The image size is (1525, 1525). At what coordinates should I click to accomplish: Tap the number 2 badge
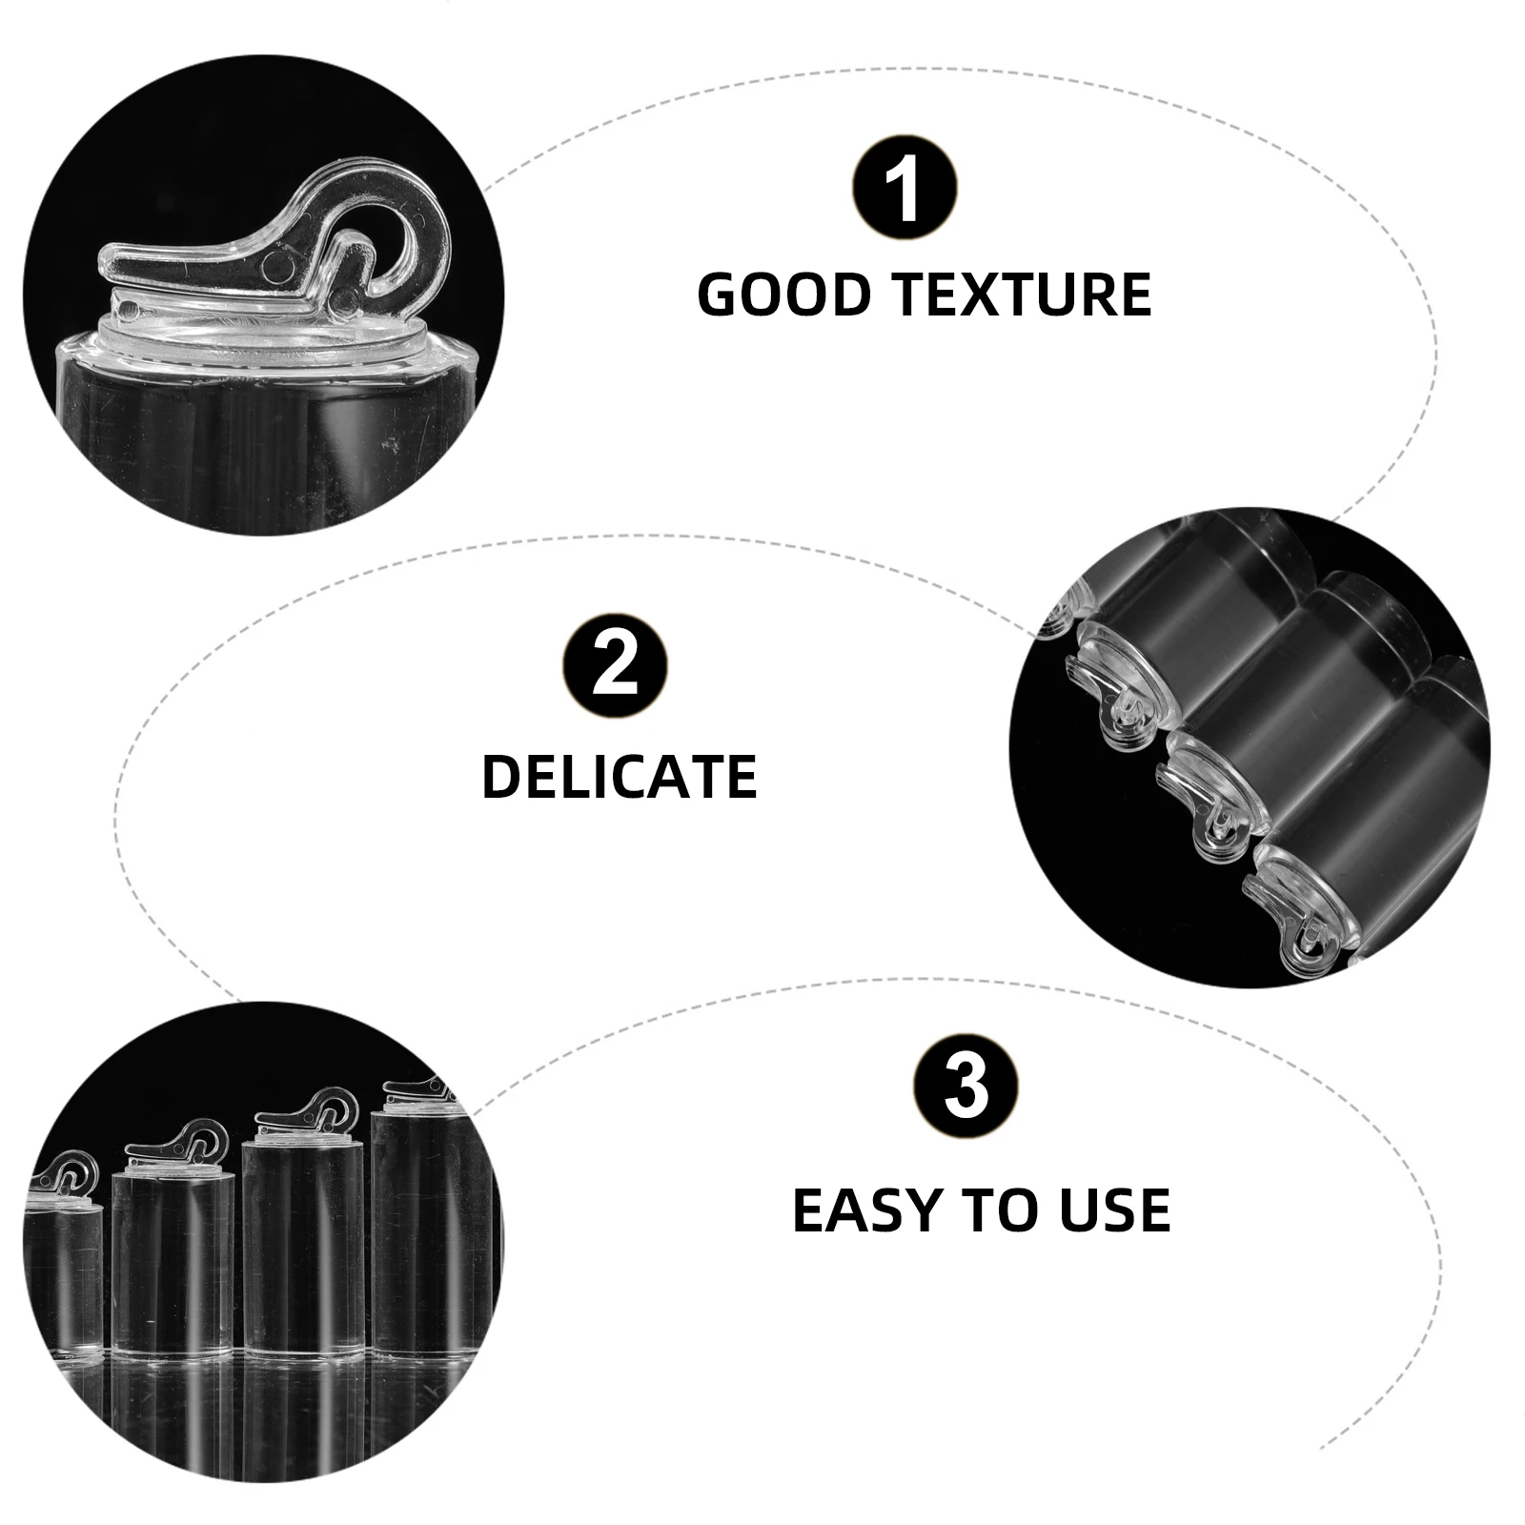pos(616,665)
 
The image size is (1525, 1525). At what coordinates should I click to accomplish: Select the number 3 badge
pos(966,1087)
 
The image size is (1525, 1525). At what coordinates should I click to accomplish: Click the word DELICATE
pos(620,777)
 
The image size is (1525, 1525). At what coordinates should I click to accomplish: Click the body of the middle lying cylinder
pos(1334,705)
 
